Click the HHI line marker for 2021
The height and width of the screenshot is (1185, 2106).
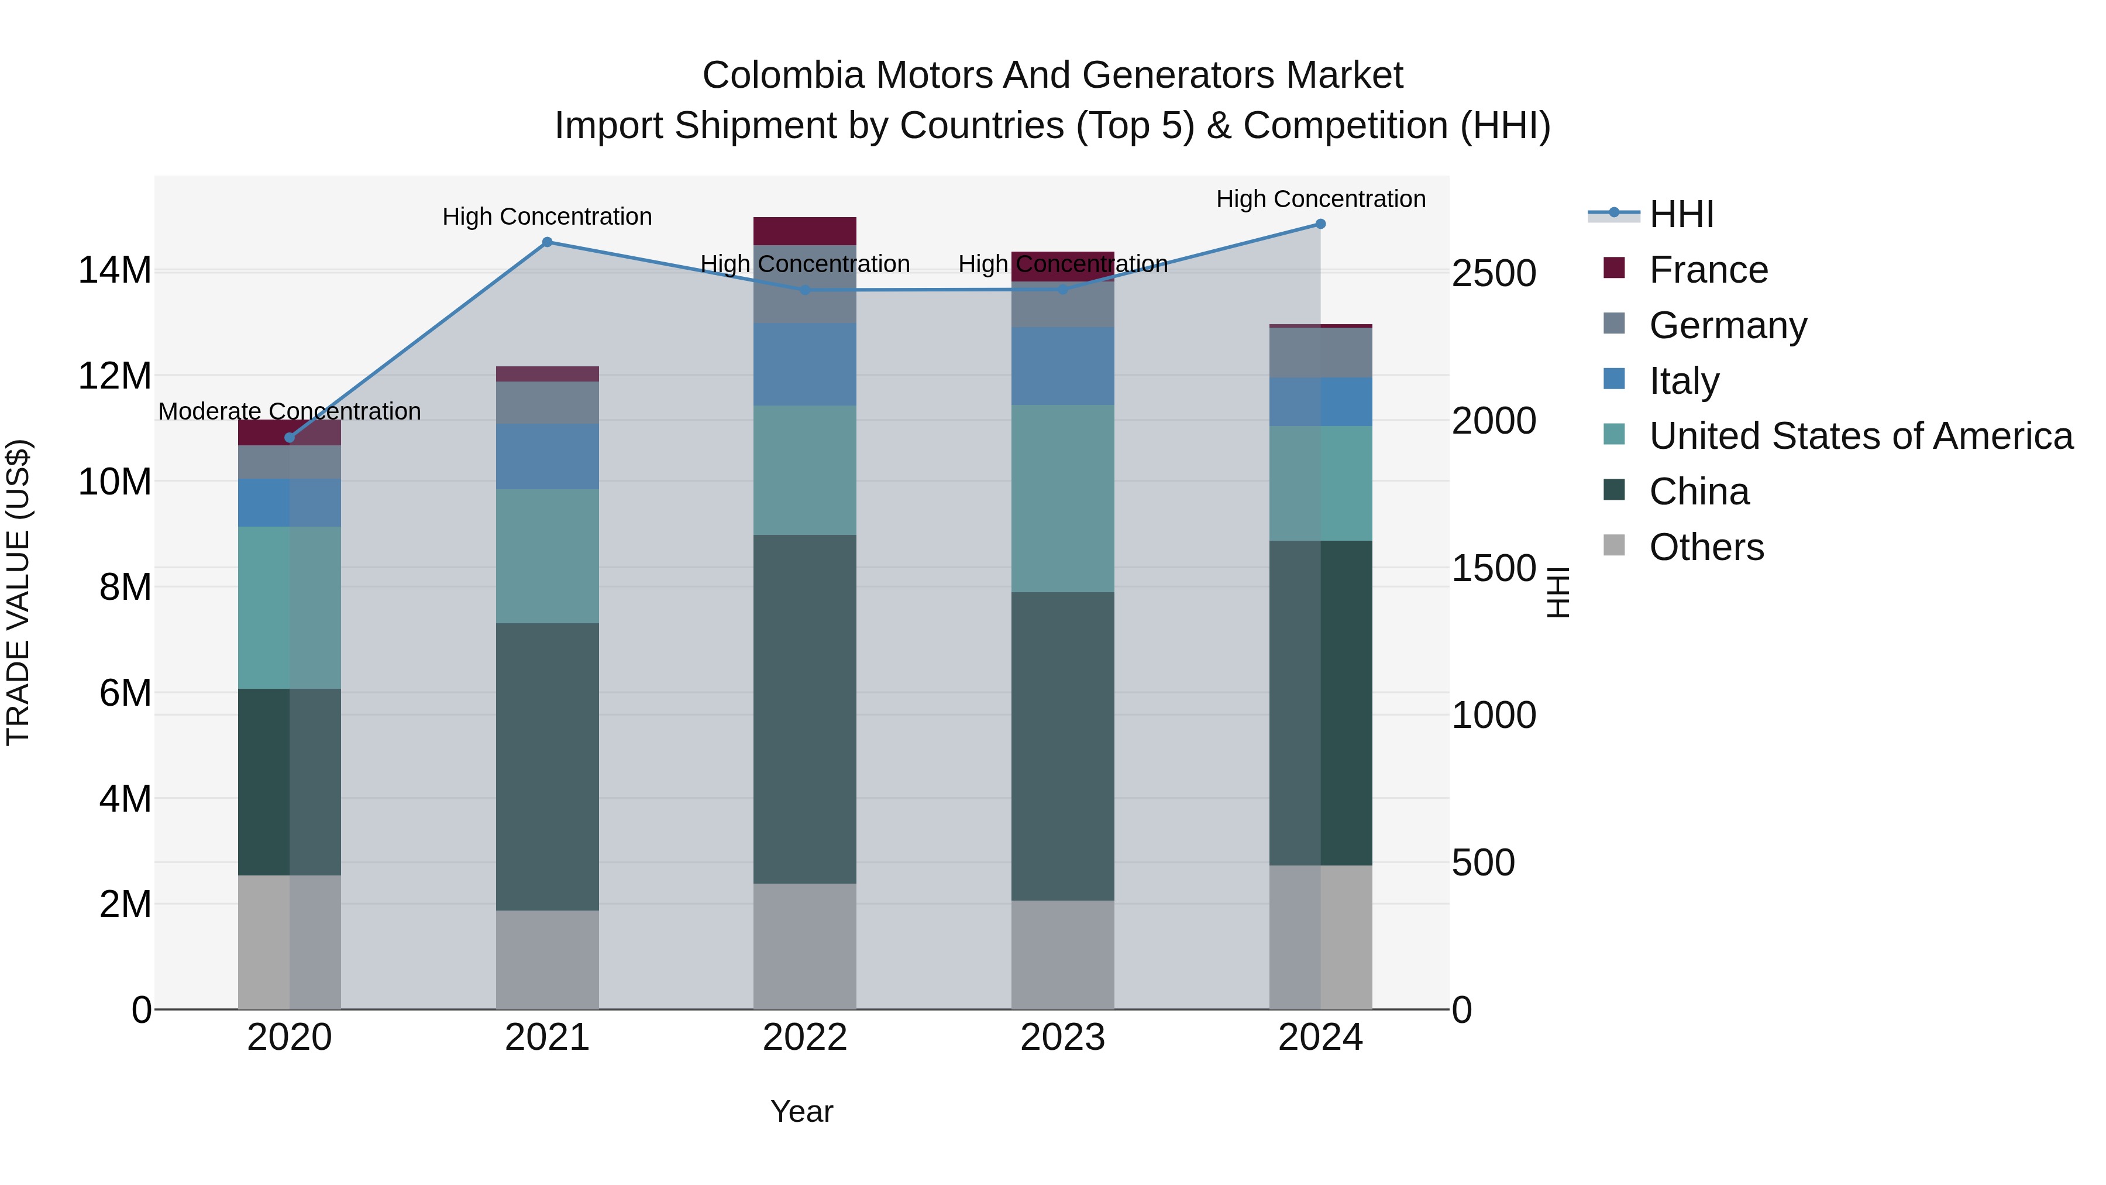(547, 242)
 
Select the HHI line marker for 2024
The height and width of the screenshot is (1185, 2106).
(1320, 224)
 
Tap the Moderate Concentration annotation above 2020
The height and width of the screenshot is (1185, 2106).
(290, 411)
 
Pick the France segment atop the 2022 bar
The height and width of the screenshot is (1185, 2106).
(804, 231)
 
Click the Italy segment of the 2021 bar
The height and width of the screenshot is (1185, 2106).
(547, 456)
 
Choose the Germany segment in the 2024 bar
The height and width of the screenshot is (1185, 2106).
(1320, 352)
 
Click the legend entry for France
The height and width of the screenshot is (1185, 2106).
(1707, 270)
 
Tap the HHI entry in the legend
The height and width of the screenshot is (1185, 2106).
(1681, 214)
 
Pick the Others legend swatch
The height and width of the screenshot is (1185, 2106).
(1614, 545)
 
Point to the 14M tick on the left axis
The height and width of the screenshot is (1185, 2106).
(115, 271)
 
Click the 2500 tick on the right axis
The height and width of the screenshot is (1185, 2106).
(1494, 273)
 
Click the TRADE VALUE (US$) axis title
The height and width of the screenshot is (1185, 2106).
(18, 592)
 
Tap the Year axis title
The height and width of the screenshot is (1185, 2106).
(801, 1111)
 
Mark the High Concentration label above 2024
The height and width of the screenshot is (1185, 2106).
(1320, 199)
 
